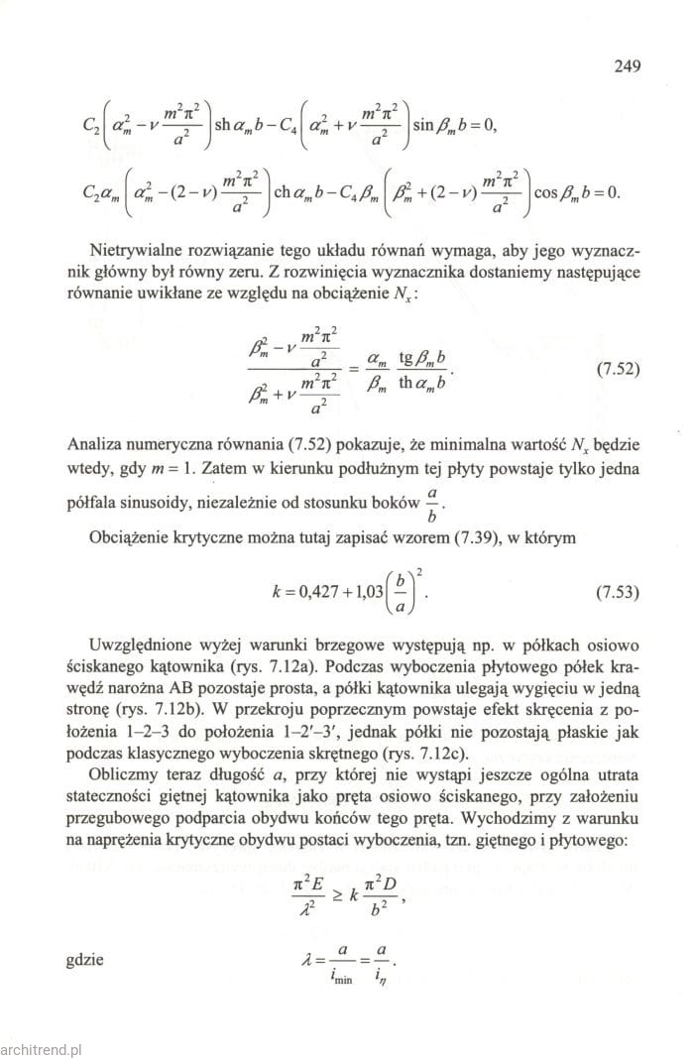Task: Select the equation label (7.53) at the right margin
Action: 617,595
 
